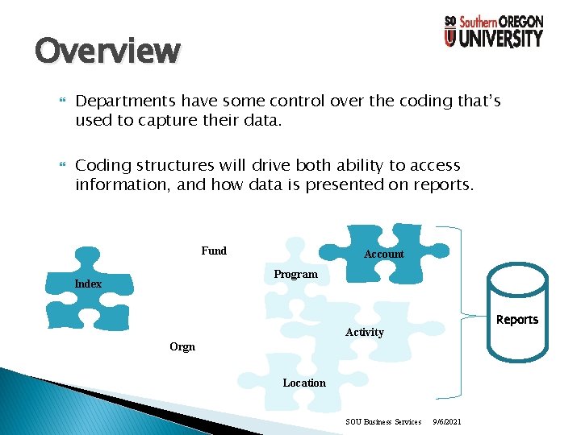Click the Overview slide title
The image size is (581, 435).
point(107,51)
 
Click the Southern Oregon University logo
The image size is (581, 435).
point(493,31)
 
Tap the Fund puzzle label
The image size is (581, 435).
point(214,251)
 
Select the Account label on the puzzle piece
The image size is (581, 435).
point(383,254)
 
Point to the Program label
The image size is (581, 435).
point(295,274)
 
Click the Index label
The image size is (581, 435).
point(88,284)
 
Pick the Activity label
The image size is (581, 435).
point(364,332)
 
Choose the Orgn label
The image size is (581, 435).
point(182,347)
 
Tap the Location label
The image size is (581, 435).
point(304,383)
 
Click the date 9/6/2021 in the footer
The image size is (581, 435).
point(448,422)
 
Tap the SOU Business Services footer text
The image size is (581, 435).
point(383,422)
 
